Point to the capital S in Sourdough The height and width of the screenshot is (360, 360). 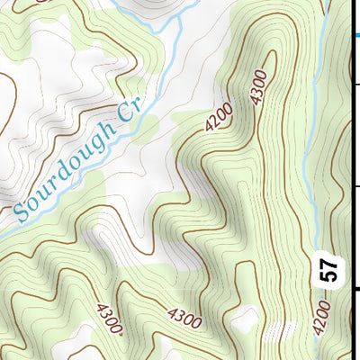(x=22, y=215)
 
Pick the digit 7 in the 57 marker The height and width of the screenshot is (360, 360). (x=330, y=263)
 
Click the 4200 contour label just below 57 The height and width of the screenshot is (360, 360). (x=323, y=319)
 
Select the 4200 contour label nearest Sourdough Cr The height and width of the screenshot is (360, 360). (x=219, y=116)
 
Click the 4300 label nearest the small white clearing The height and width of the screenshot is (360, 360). (x=184, y=316)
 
